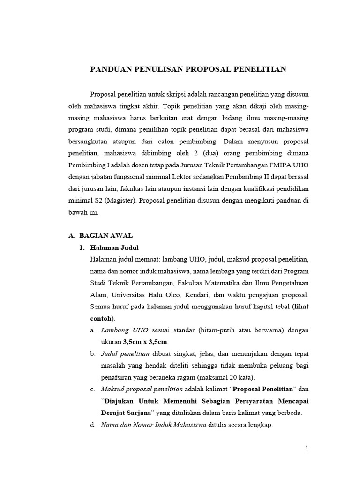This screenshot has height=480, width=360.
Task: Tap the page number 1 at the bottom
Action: (307, 448)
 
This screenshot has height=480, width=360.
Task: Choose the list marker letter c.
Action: (92, 389)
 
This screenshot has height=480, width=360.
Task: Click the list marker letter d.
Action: (92, 425)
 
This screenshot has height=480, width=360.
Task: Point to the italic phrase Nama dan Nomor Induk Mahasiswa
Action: (153, 425)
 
